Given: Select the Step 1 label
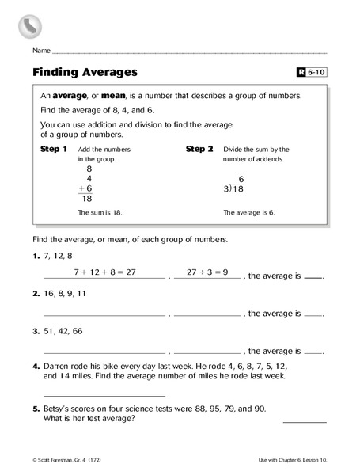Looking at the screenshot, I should (x=53, y=149).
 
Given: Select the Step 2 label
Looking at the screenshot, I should (x=199, y=149).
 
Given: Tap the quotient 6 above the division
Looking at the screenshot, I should (x=241, y=180).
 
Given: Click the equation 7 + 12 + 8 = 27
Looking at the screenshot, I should (x=105, y=272).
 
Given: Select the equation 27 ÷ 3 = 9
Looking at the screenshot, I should (x=207, y=272).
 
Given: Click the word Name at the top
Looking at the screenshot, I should (x=42, y=50).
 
